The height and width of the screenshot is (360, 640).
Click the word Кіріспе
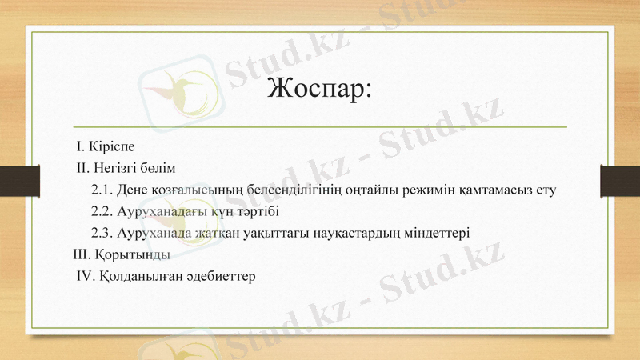tap(111, 147)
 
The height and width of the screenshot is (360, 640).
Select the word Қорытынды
tap(131, 255)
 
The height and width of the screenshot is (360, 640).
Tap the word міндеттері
tap(439, 234)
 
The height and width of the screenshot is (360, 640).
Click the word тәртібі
tap(254, 212)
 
